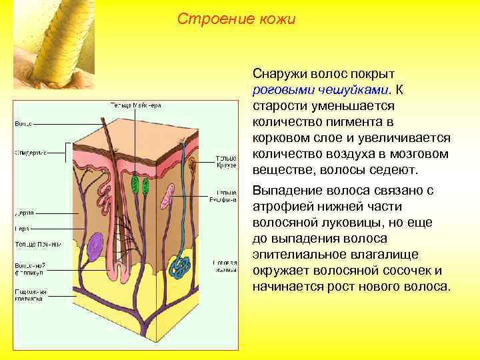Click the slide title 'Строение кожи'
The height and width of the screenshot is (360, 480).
(x=236, y=19)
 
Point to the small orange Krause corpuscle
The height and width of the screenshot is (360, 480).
(x=193, y=163)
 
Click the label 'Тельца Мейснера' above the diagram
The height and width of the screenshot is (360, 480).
(x=136, y=105)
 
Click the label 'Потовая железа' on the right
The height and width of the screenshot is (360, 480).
(x=224, y=267)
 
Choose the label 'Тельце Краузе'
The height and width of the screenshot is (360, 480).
(x=224, y=162)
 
